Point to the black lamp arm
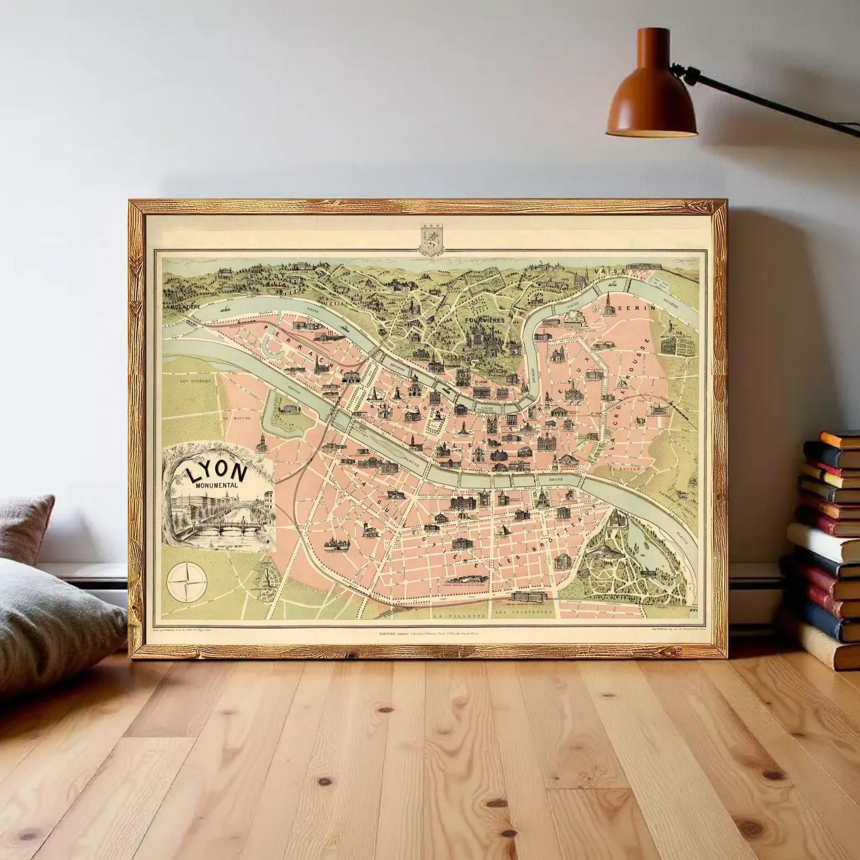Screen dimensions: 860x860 point(766,96)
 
